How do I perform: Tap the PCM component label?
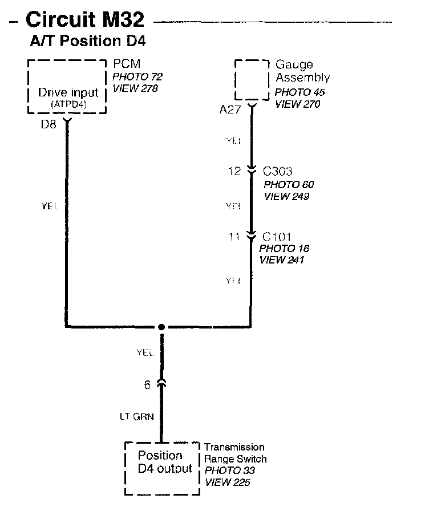pyautogui.click(x=127, y=64)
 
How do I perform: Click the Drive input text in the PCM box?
pyautogui.click(x=68, y=92)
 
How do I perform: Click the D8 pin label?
pyautogui.click(x=48, y=124)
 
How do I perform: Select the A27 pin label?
pyautogui.click(x=230, y=110)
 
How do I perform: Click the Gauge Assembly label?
pyautogui.click(x=302, y=71)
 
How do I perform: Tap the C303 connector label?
pyautogui.click(x=278, y=171)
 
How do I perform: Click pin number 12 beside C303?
pyautogui.click(x=234, y=171)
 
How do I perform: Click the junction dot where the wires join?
pyautogui.click(x=161, y=327)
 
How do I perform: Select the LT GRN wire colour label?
pyautogui.click(x=135, y=417)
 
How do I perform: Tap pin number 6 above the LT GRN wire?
pyautogui.click(x=147, y=385)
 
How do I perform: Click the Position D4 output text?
pyautogui.click(x=165, y=463)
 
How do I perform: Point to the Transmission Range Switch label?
pyautogui.click(x=235, y=453)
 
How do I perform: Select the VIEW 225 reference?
pyautogui.click(x=227, y=482)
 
